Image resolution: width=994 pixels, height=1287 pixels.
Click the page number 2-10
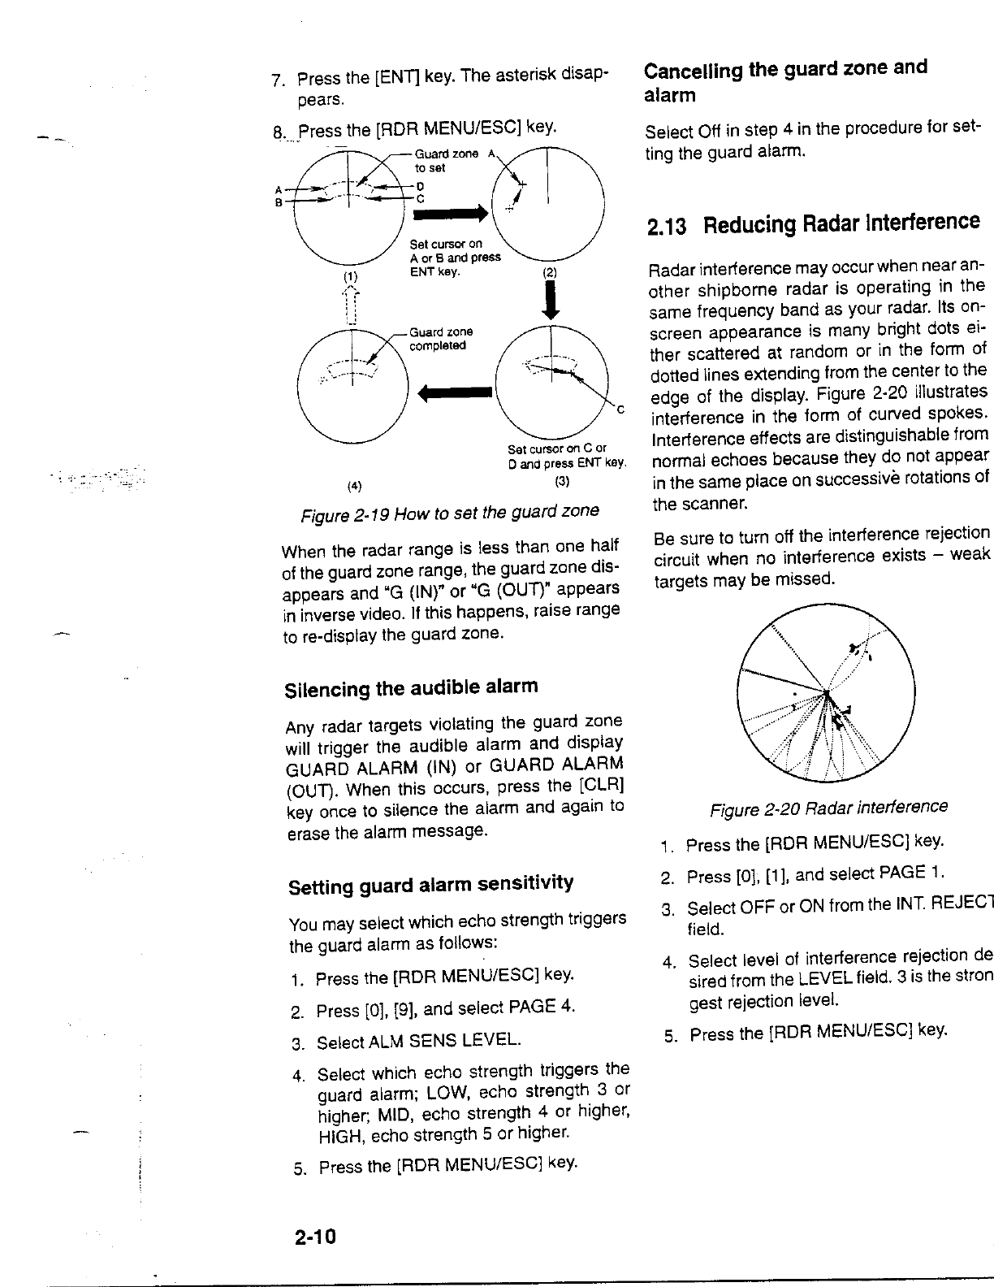click(x=315, y=1237)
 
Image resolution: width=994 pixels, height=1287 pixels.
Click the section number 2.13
click(x=667, y=226)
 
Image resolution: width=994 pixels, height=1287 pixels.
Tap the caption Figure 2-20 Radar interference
click(x=828, y=808)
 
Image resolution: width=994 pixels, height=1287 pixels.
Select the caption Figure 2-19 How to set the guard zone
click(x=450, y=512)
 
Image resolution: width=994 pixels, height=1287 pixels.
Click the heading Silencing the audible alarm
click(x=411, y=688)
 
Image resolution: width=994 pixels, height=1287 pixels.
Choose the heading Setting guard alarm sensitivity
click(x=430, y=884)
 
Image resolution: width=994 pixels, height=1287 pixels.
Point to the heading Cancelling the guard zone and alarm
click(x=785, y=80)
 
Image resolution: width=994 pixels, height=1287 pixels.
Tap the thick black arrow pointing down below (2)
click(x=551, y=302)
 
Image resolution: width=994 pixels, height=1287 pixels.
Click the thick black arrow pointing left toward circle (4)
click(x=455, y=393)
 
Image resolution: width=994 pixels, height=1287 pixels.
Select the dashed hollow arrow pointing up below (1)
click(x=350, y=304)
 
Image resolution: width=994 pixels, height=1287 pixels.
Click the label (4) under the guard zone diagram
click(x=354, y=487)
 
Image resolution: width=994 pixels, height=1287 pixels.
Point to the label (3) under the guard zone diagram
click(x=561, y=481)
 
